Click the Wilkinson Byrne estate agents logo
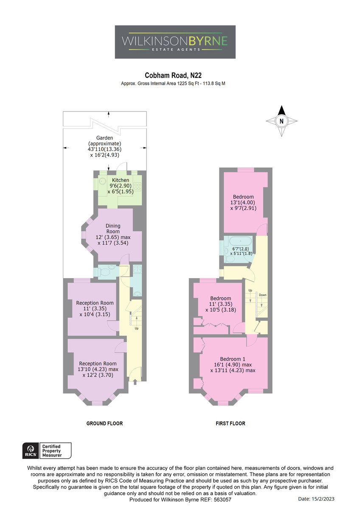(175, 42)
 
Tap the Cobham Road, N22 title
(173, 75)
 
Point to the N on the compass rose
(281, 121)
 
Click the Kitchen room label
(120, 180)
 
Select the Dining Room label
(113, 229)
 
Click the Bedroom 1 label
(232, 359)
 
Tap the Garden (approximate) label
(104, 141)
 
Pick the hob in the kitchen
(138, 187)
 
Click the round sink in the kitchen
(103, 182)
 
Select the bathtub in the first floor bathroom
(240, 241)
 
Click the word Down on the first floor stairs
(262, 295)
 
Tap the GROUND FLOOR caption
(104, 423)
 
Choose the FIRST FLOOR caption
(231, 423)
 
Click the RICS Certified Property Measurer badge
(47, 450)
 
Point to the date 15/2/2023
(323, 499)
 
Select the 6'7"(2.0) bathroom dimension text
(240, 249)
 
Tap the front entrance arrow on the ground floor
(135, 382)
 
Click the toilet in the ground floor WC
(104, 271)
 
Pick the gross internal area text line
(173, 84)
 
